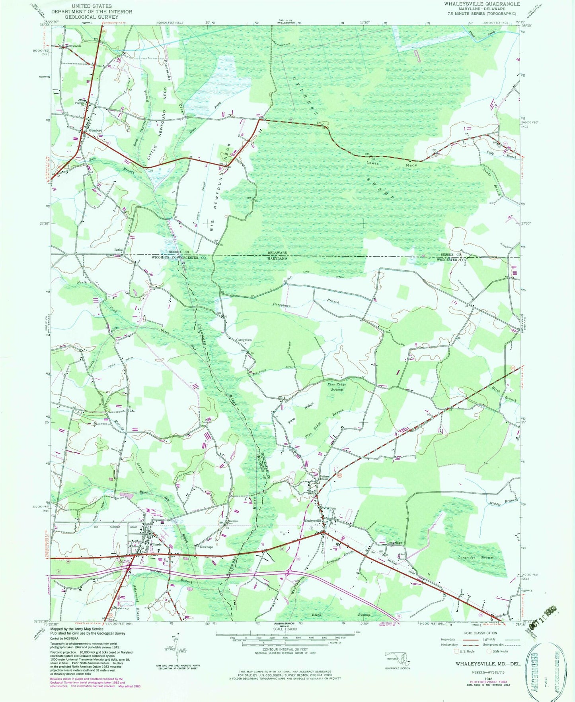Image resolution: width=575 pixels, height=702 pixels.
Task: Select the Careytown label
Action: coord(244,340)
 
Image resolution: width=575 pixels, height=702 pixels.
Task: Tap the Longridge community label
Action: coord(395,543)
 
